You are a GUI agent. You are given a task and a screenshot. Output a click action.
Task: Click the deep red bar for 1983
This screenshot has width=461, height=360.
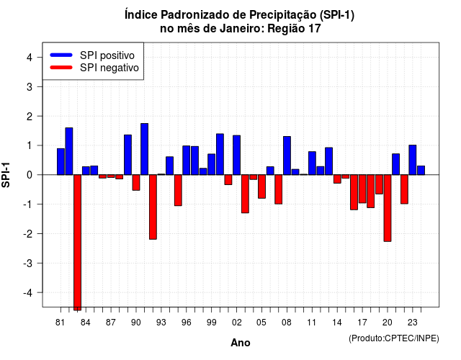click(x=77, y=243)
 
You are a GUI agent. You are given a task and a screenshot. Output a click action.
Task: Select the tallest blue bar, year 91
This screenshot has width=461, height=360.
click(x=144, y=149)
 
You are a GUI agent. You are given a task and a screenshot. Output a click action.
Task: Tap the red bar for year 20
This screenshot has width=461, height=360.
click(x=388, y=208)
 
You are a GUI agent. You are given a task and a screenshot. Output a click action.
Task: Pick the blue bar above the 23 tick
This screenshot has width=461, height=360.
click(x=413, y=160)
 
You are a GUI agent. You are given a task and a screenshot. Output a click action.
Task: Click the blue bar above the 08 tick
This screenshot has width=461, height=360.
click(x=287, y=156)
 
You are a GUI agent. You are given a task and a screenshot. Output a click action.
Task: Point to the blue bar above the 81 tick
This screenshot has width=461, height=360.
click(x=61, y=161)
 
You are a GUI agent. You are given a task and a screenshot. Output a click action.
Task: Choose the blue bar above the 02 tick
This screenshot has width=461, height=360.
click(x=237, y=156)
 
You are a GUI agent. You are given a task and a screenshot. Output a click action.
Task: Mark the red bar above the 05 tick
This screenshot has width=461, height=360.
click(x=261, y=186)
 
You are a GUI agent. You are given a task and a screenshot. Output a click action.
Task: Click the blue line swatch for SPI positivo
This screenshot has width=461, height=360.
click(x=61, y=55)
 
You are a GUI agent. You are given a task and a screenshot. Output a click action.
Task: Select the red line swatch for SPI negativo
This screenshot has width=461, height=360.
click(x=61, y=68)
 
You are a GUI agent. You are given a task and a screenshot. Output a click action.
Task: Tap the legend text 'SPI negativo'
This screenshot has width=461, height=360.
click(x=109, y=68)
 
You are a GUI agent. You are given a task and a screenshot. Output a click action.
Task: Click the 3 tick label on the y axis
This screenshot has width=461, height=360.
click(x=30, y=87)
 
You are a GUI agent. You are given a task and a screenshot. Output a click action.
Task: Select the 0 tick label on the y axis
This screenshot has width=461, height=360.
click(x=30, y=175)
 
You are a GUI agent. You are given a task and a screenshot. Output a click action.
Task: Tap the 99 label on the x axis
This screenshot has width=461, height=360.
click(x=211, y=323)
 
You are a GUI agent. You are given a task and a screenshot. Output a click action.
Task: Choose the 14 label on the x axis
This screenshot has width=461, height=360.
click(x=337, y=323)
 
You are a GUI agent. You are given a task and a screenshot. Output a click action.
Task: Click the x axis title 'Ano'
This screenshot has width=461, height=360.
click(x=241, y=343)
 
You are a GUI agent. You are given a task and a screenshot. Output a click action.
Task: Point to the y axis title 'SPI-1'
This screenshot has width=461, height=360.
click(x=6, y=175)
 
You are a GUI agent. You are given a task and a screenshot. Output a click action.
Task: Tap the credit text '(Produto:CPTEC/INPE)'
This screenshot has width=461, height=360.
click(x=394, y=338)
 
